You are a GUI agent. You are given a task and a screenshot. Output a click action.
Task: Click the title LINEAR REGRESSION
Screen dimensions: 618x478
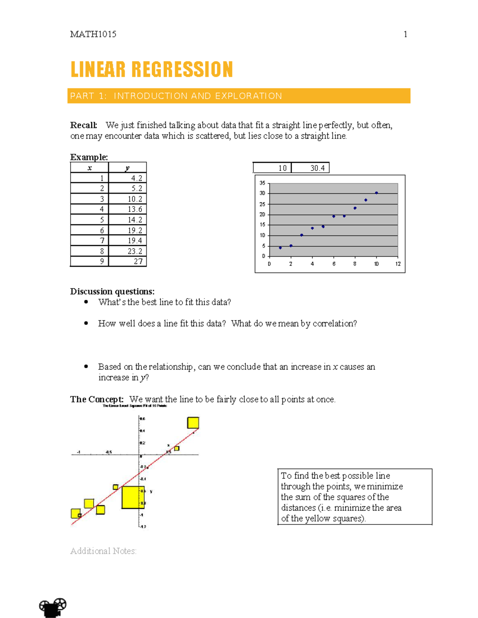pos(151,70)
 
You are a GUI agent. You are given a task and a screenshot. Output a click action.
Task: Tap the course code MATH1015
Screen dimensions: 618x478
pos(93,34)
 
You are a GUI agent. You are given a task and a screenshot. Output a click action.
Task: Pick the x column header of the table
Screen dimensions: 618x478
pos(90,168)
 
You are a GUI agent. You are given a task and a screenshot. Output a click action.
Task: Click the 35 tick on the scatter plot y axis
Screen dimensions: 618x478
pos(262,183)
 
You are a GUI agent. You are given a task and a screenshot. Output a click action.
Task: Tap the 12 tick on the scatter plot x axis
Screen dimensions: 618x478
pos(398,264)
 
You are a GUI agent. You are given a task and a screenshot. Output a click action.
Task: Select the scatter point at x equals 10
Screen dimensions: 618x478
pos(376,193)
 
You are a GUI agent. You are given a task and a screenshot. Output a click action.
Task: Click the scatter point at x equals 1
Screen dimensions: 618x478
pos(280,248)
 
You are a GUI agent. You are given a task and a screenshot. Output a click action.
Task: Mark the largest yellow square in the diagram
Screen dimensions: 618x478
pos(133,497)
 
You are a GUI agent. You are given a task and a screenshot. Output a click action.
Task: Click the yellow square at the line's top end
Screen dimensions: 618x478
pos(193,423)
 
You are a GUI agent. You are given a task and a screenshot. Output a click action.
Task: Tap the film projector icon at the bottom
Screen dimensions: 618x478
pos(53,607)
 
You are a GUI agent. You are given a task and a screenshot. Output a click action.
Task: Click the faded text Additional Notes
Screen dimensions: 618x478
pos(103,551)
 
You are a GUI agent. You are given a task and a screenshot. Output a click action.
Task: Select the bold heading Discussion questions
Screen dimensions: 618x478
pos(112,291)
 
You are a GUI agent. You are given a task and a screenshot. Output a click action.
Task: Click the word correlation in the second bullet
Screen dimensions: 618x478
pos(333,324)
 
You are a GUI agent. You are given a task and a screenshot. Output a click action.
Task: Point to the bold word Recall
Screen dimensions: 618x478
pos(83,125)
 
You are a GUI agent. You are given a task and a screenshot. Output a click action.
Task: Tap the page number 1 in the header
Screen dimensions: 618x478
pos(405,34)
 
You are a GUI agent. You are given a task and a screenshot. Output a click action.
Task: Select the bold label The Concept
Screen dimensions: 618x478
pos(97,399)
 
